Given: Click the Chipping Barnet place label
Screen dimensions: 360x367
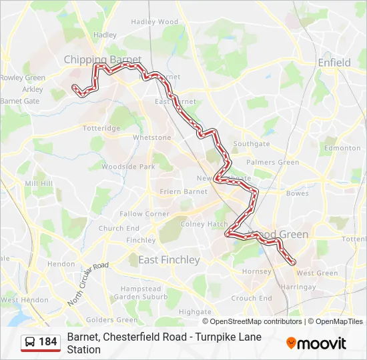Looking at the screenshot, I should coord(102,60).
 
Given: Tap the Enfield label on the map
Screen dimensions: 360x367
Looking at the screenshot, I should coord(334,63).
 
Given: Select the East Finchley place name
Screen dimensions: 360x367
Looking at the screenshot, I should coord(168,260).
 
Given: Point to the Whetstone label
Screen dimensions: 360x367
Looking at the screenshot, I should coord(152,137).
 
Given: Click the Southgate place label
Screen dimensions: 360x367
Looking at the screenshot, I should coord(252,144).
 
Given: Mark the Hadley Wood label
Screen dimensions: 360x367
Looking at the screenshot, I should coord(155,22).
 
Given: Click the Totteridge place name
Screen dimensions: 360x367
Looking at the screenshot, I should coord(101,128).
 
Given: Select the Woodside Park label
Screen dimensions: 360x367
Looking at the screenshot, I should coord(128,167).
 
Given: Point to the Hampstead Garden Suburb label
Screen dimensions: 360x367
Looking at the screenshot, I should coord(140,292).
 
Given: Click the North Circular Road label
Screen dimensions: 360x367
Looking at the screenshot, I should coord(87,284).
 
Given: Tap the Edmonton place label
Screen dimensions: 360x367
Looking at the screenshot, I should coord(342,148).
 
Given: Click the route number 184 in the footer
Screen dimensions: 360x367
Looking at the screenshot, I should coord(47,342).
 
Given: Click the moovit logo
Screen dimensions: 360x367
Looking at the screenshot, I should coord(316,343).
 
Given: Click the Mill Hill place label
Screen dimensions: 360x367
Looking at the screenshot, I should coord(38,183).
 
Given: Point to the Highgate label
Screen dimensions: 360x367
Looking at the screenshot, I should coord(195,311).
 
